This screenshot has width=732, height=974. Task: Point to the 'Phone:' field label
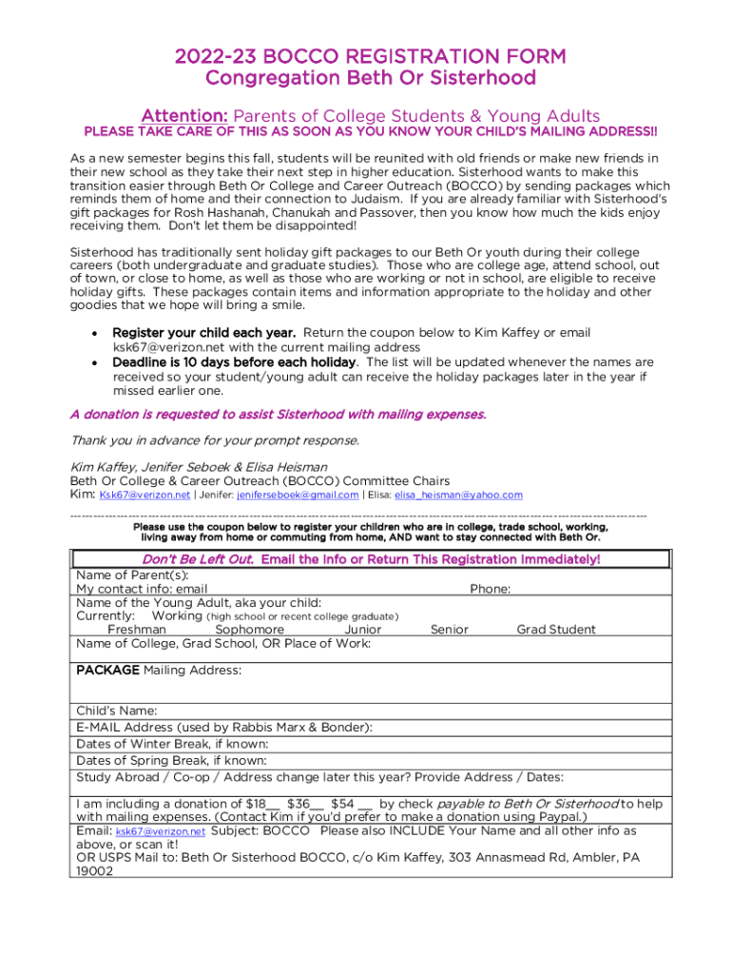tap(491, 589)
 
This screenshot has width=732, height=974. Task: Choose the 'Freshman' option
tap(137, 630)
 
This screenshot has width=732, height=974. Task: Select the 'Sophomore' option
tap(249, 630)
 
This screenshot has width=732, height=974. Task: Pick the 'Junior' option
tap(362, 630)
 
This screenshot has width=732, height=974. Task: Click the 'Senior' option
tap(449, 630)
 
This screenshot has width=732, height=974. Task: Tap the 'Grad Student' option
tap(556, 630)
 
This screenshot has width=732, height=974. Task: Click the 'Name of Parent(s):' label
tap(132, 575)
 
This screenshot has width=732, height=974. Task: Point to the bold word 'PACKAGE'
tap(107, 671)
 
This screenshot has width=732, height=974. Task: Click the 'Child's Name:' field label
tap(117, 711)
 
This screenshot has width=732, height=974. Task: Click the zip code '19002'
tap(94, 870)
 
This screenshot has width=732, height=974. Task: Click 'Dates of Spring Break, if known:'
tap(171, 760)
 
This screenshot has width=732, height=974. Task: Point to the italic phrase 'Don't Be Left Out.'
tap(198, 559)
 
